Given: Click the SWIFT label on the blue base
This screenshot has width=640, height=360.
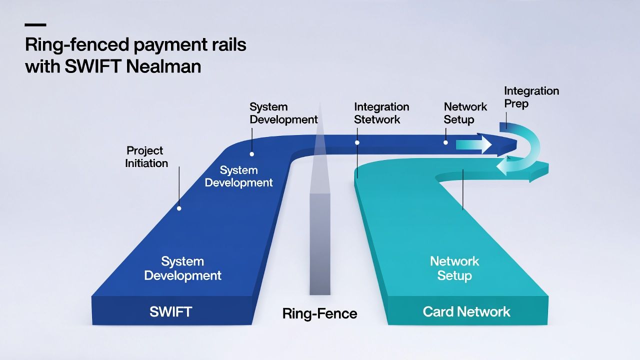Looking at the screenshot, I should (x=170, y=312).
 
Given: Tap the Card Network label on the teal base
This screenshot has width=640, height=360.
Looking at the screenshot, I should (x=466, y=312).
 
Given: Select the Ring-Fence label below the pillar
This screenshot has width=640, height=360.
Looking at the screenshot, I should (x=319, y=314).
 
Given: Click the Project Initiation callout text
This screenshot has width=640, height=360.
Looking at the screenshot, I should (x=146, y=157).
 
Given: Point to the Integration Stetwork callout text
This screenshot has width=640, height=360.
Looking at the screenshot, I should (x=381, y=113).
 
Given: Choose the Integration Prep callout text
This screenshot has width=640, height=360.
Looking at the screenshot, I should (x=531, y=97).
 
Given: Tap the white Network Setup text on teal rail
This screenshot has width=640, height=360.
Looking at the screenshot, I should (x=454, y=268).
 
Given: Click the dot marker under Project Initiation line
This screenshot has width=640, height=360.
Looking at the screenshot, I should (x=179, y=208).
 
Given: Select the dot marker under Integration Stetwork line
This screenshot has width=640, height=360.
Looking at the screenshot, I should (x=357, y=142).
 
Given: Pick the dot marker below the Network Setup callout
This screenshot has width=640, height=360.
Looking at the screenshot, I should (x=445, y=142).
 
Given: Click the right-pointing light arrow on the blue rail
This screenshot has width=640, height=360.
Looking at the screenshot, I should (x=474, y=145).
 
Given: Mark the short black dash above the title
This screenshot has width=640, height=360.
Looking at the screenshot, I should (x=35, y=24).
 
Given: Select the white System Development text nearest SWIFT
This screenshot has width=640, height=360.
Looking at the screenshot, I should (x=182, y=268).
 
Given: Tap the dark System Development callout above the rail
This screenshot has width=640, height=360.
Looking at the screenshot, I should (x=283, y=113).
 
